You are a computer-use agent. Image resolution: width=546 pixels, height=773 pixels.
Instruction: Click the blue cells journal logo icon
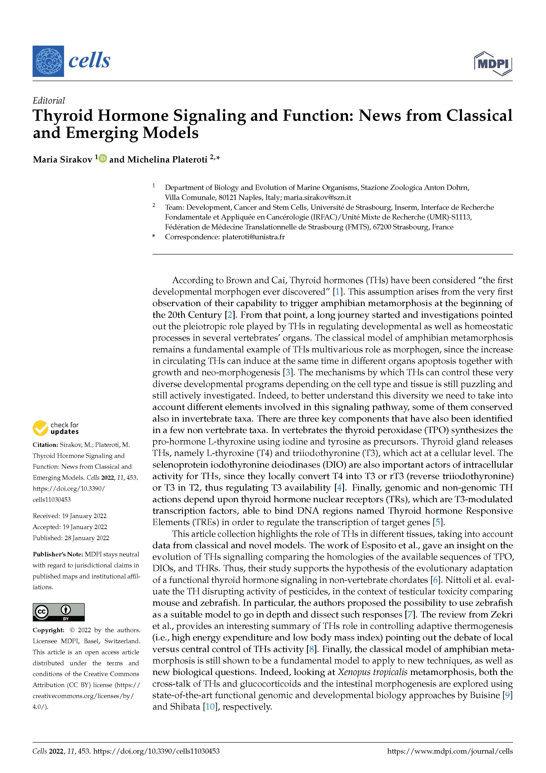(x=48, y=61)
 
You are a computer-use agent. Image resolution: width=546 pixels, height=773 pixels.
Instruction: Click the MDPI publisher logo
(x=493, y=63)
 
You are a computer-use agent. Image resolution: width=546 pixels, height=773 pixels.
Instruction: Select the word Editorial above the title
(x=49, y=101)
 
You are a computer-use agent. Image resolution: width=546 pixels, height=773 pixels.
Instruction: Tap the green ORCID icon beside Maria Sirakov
(x=103, y=158)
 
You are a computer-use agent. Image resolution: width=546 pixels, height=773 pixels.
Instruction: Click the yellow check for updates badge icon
(x=40, y=428)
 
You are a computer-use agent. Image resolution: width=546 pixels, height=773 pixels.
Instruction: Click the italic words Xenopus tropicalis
(x=373, y=672)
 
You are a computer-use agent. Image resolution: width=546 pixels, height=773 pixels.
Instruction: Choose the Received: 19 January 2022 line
(x=70, y=516)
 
